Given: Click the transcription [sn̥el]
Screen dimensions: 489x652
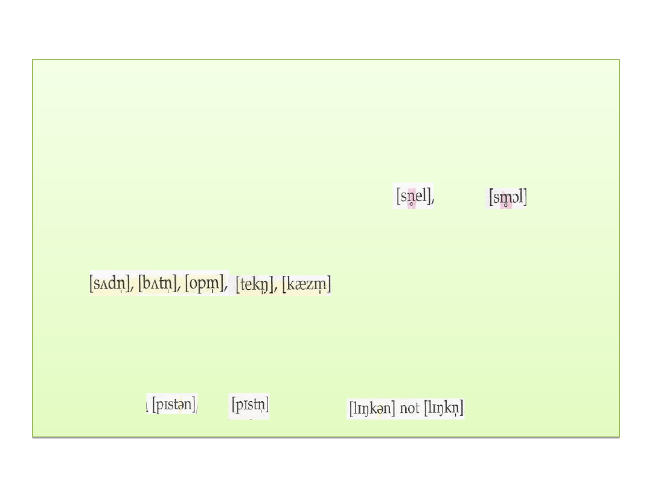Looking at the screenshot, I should click(x=414, y=196).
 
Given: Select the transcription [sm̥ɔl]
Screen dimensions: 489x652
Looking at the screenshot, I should click(x=507, y=197).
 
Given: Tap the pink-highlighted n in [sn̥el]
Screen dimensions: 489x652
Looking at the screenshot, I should click(x=411, y=196).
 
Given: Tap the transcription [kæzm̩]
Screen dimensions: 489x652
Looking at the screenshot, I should click(x=307, y=284).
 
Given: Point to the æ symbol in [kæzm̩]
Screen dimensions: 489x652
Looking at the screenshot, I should click(x=300, y=284).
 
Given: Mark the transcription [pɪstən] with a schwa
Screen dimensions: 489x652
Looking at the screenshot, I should click(x=173, y=404).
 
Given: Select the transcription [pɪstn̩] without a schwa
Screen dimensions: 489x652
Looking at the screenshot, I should click(x=249, y=404).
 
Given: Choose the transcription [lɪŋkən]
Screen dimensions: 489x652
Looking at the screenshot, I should click(x=372, y=409).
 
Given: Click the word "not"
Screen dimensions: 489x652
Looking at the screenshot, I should click(x=409, y=409).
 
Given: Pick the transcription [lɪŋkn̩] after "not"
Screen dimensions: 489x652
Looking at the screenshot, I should click(x=444, y=409).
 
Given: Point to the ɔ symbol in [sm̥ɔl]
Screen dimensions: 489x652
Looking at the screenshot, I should click(x=516, y=198).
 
